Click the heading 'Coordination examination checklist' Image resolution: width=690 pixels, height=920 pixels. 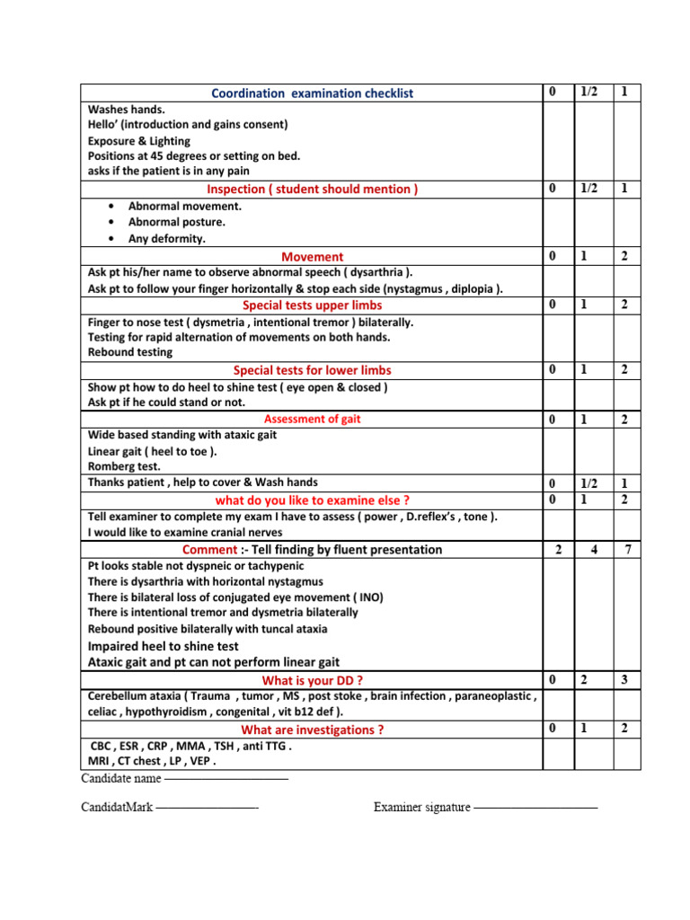pos(312,93)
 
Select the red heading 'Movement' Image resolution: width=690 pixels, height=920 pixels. pos(312,257)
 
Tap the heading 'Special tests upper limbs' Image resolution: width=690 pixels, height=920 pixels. pos(312,305)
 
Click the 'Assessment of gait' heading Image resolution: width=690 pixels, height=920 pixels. pos(312,419)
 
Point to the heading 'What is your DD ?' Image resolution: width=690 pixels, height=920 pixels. pos(312,680)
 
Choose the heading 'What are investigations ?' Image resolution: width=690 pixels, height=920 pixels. pos(312,730)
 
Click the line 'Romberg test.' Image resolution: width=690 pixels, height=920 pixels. pos(124,466)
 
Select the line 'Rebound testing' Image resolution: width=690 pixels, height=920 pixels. pos(129,353)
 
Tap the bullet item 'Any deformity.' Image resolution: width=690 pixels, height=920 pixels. pos(166,238)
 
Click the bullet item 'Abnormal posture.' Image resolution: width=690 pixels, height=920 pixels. pos(176,222)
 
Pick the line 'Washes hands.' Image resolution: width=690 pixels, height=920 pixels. pos(127,109)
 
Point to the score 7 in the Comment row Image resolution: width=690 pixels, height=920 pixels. pos(626,549)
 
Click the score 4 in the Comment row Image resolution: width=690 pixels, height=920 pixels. pos(591,549)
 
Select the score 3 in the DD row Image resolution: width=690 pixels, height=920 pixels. pos(626,680)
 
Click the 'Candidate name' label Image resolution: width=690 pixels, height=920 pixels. pos(121,777)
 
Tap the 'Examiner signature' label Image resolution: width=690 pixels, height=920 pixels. pos(421,807)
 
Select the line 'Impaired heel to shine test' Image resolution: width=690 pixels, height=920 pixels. pos(163,646)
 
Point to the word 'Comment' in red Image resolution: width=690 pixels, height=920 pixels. pos(208,549)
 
